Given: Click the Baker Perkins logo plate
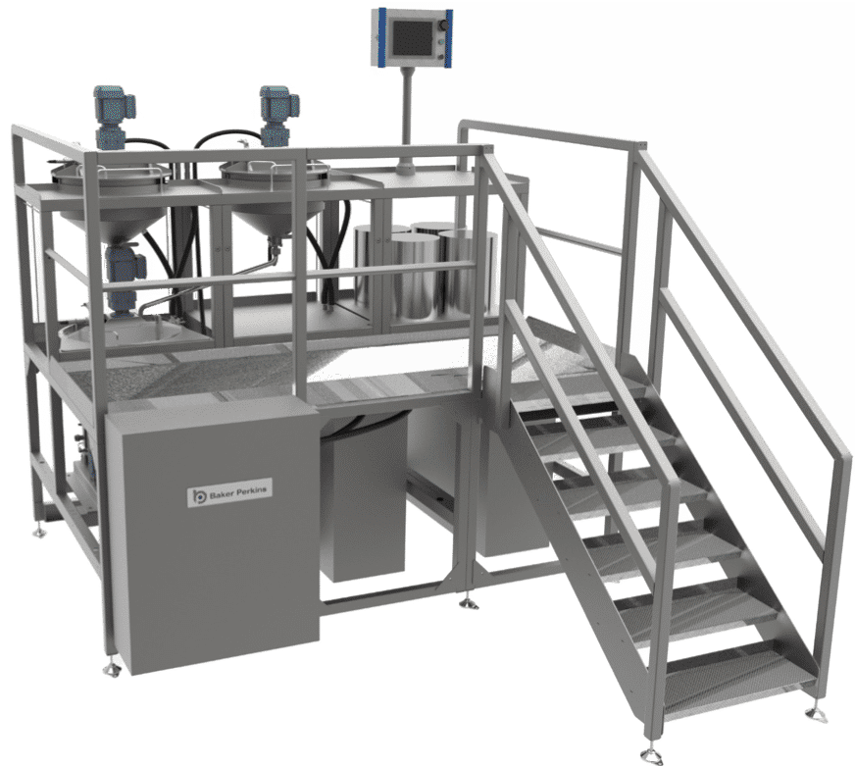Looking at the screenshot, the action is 229,492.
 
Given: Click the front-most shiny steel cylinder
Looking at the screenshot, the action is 416,277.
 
